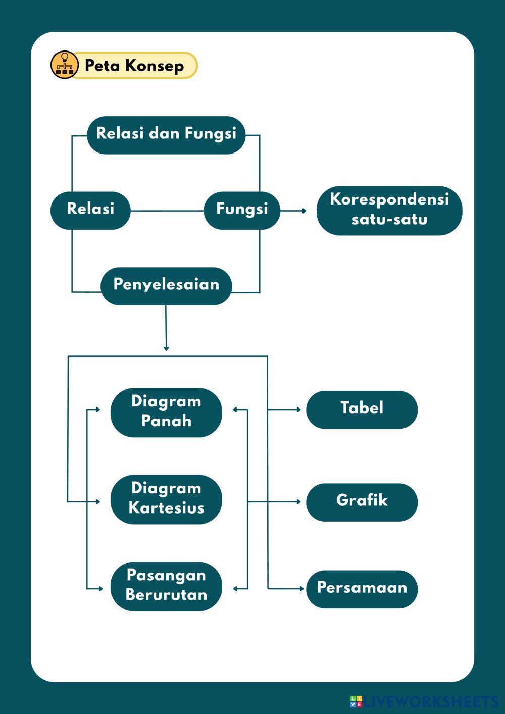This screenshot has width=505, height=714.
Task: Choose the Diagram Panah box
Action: pyautogui.click(x=166, y=412)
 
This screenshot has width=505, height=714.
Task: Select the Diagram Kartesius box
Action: pyautogui.click(x=166, y=499)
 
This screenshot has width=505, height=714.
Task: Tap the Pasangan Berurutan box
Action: pyautogui.click(x=166, y=586)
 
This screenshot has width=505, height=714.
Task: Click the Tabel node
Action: pyautogui.click(x=362, y=409)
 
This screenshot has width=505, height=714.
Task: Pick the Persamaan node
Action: pyautogui.click(x=362, y=589)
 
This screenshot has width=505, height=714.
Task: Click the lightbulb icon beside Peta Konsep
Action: pyautogui.click(x=65, y=65)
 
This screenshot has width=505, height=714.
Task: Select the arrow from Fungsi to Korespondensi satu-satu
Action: pyautogui.click(x=293, y=210)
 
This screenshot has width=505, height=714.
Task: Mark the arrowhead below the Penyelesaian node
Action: pyautogui.click(x=166, y=348)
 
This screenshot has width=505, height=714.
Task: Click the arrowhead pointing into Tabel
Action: pyautogui.click(x=298, y=410)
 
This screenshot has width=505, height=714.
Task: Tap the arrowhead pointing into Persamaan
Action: pyautogui.click(x=298, y=589)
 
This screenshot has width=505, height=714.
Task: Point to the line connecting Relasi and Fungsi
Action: pyautogui.click(x=167, y=211)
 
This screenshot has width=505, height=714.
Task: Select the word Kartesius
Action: pyautogui.click(x=166, y=508)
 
